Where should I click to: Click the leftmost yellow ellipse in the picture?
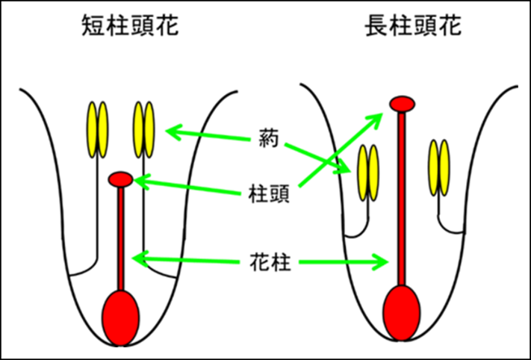point(93,130)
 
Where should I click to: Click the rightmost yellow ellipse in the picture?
point(444,167)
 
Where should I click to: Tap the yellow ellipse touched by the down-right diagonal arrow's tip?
point(363,173)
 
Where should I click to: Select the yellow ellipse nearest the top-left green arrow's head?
point(149,130)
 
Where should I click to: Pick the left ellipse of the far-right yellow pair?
point(433,167)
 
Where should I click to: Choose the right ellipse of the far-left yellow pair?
point(102,130)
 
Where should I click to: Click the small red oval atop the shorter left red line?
point(120,179)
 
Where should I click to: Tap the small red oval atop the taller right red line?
point(402,104)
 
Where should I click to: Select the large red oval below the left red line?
point(120,318)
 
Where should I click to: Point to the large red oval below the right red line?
point(402,313)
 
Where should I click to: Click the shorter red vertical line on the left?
point(120,239)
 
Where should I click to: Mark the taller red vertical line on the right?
point(402,198)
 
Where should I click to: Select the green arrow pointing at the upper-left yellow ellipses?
point(208,135)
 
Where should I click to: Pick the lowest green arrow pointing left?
point(186,260)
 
